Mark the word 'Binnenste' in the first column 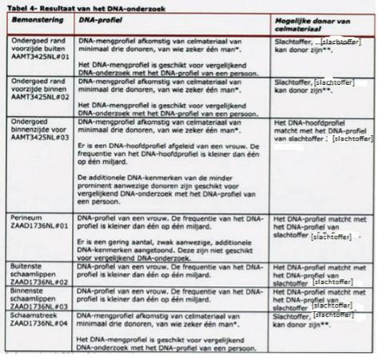25,290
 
